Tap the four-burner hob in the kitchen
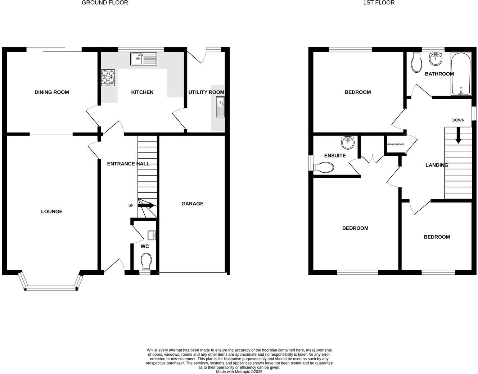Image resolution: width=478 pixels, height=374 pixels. [108, 77]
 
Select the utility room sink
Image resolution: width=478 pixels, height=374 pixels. [220, 107]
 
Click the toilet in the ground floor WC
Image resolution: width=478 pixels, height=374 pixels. [146, 261]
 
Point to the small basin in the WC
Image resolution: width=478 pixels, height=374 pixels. [152, 235]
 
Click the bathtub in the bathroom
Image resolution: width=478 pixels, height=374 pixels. [461, 74]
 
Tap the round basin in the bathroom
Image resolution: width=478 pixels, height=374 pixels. [436, 59]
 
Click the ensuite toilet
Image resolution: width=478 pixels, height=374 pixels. [324, 167]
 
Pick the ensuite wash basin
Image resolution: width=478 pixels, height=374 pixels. [348, 142]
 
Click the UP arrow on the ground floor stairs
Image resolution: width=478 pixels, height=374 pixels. [146, 206]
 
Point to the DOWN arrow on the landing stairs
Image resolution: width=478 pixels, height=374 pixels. [458, 136]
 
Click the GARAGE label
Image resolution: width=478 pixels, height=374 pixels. [192, 204]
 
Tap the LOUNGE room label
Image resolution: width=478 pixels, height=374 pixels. [52, 211]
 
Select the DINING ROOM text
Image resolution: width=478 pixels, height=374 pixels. [52, 92]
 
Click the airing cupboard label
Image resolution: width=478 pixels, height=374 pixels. [395, 144]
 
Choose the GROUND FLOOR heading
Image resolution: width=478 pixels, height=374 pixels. [105, 3]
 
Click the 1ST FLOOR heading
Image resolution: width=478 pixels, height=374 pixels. [379, 3]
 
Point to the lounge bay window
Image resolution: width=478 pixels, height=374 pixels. [51, 287]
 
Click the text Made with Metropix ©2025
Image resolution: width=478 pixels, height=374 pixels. [239, 372]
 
